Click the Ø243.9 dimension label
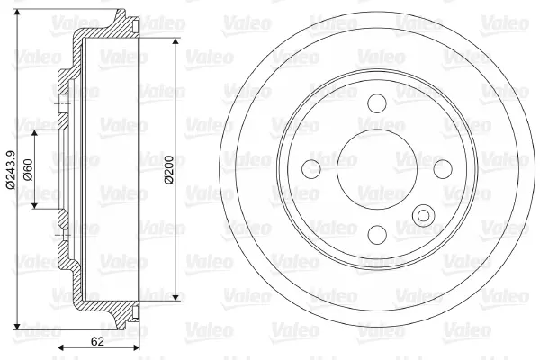click(11, 170)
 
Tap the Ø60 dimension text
click(28, 170)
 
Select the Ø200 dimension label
click(169, 170)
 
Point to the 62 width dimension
click(97, 341)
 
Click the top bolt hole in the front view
click(377, 103)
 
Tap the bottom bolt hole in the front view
click(377, 235)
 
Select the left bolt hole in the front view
click(311, 169)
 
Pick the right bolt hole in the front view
click(443, 169)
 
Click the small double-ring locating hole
click(424, 216)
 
